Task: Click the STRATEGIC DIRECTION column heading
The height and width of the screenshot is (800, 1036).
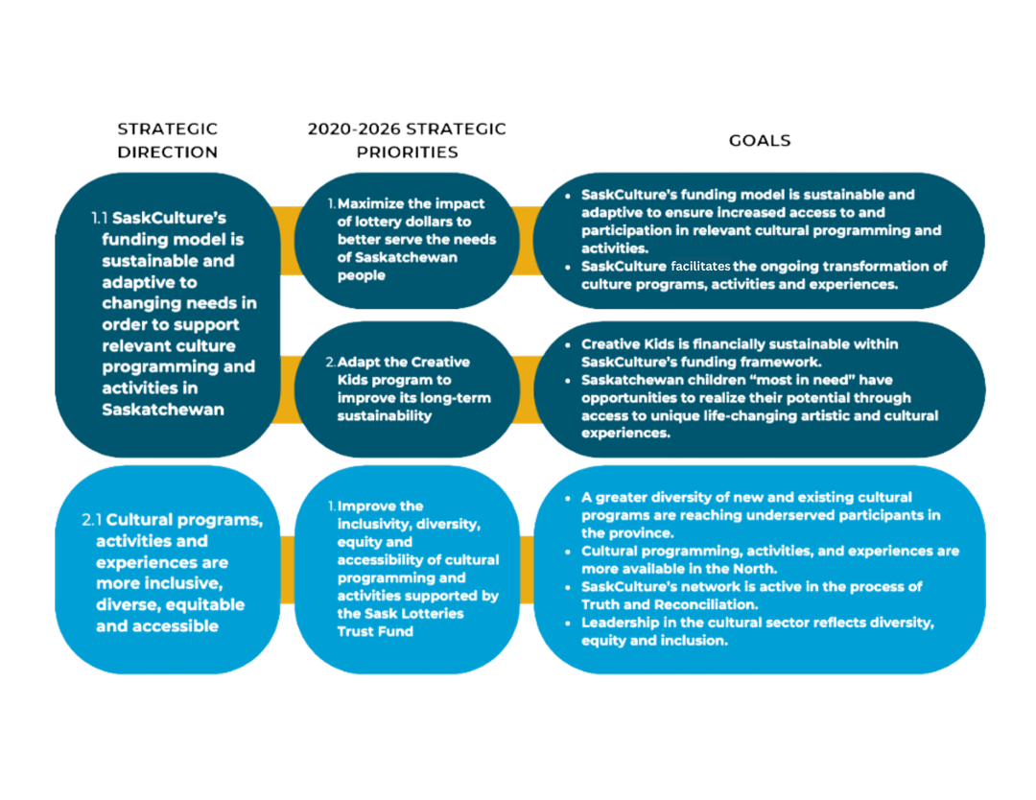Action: (x=168, y=140)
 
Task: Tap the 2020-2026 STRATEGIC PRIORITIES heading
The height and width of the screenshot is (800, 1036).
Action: (x=407, y=140)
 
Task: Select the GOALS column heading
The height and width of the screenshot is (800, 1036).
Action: (x=760, y=140)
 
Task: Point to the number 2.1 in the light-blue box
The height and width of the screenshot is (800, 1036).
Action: (x=92, y=520)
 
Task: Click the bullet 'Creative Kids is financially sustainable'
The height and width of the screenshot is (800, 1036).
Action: (x=726, y=352)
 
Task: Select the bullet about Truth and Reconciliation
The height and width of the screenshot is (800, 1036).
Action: (x=752, y=595)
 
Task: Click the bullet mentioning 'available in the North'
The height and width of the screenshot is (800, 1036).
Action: (x=767, y=560)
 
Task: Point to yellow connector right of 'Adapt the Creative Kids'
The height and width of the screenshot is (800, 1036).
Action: (x=527, y=388)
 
